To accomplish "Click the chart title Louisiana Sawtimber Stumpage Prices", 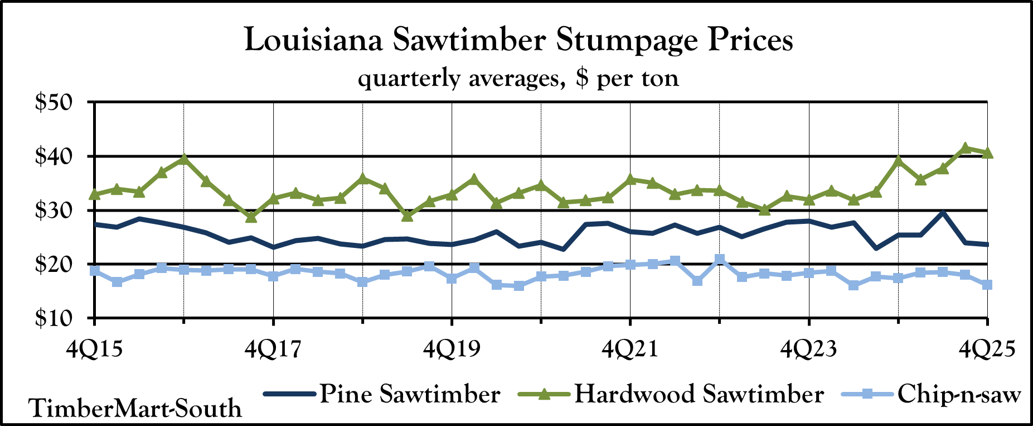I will tap(518, 40).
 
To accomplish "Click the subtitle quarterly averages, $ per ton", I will tap(518, 78).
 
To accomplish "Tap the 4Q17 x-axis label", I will tap(273, 350).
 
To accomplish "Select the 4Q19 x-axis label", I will tap(452, 350).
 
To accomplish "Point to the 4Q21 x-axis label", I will tap(630, 350).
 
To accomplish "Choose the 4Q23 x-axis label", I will tap(808, 350).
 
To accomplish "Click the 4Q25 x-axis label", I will tap(987, 350).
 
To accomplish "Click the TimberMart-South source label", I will tap(135, 408).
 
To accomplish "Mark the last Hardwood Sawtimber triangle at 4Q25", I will tap(987, 152).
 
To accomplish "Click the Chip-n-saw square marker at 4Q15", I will tap(95, 271).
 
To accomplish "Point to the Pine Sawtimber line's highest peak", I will tap(943, 213).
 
